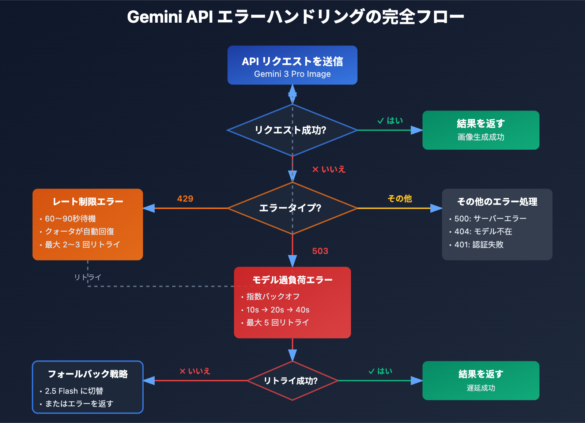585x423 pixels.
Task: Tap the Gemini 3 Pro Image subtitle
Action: tap(292, 74)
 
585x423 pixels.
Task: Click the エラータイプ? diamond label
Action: tap(290, 208)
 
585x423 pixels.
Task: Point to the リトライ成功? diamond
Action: tap(291, 381)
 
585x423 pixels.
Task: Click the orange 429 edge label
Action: tap(185, 199)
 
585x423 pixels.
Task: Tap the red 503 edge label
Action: tap(320, 251)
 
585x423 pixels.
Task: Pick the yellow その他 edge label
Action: tap(400, 199)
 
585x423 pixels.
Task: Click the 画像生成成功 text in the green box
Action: tap(480, 137)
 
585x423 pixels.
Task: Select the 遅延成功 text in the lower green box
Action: tap(480, 388)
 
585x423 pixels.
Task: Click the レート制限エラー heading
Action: tap(88, 202)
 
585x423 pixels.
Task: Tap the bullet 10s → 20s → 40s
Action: tap(278, 310)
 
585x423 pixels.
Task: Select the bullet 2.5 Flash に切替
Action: tap(74, 391)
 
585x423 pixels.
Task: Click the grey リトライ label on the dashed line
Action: tap(87, 277)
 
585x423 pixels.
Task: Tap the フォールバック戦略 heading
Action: tap(88, 374)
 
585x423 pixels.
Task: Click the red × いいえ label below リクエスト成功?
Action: tap(329, 169)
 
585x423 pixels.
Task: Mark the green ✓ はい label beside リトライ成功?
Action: tap(380, 371)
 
